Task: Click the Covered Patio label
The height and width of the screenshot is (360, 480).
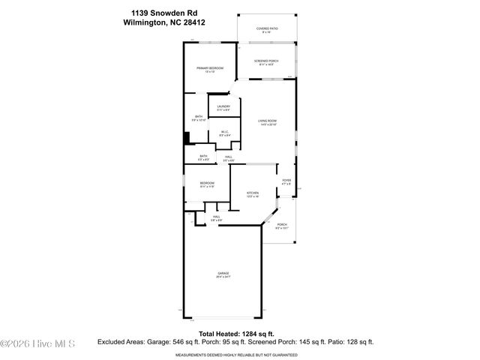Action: point(266,28)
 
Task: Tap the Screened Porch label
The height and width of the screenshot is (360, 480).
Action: point(266,61)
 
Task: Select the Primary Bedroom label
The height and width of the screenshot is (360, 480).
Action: point(211,68)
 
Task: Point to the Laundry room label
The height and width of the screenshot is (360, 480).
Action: point(223,107)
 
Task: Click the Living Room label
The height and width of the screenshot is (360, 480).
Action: point(268,121)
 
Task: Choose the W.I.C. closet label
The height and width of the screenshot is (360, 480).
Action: point(224,132)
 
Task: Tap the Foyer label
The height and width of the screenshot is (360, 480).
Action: point(286,181)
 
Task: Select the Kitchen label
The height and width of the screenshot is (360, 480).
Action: point(253,193)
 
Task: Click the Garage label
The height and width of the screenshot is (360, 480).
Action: point(223,273)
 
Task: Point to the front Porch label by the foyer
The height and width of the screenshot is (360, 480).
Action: point(282,224)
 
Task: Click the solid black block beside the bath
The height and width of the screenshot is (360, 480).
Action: point(187,138)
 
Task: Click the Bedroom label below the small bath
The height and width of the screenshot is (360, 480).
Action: point(208,183)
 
